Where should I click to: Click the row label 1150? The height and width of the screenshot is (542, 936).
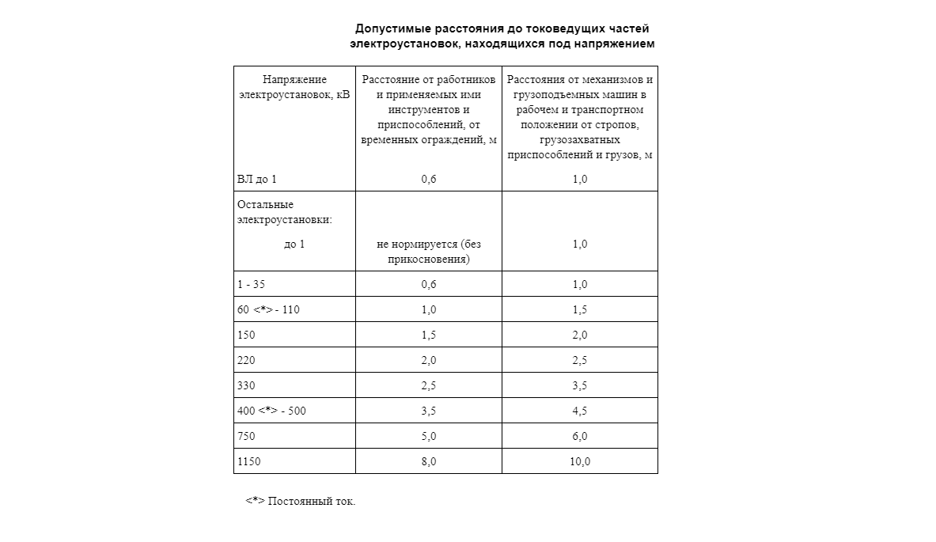(248, 461)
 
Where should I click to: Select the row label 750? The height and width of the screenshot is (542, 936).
(246, 436)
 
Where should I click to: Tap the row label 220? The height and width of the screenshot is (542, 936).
(246, 360)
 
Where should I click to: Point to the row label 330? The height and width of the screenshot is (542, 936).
(246, 385)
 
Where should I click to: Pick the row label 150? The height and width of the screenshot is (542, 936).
(246, 335)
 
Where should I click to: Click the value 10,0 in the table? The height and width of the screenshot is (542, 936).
(579, 461)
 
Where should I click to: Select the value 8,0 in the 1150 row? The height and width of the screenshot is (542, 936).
(428, 461)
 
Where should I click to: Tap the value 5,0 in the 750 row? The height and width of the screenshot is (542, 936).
(428, 436)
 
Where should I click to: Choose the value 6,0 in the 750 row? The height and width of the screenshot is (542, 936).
(579, 436)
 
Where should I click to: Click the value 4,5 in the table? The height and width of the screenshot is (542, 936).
(579, 411)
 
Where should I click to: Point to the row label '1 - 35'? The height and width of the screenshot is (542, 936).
(251, 284)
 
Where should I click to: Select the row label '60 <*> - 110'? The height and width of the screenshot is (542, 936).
(268, 309)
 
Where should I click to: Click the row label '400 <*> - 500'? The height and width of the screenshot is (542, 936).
(272, 411)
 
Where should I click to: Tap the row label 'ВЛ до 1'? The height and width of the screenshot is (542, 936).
(257, 180)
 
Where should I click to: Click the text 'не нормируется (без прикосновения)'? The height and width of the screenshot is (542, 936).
(428, 252)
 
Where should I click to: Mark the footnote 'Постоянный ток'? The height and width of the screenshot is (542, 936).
(312, 502)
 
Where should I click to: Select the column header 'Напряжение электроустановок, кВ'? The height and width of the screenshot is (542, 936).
(294, 87)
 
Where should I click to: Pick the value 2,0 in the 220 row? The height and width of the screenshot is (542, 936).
(428, 360)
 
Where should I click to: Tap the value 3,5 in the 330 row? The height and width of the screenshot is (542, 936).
(579, 385)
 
